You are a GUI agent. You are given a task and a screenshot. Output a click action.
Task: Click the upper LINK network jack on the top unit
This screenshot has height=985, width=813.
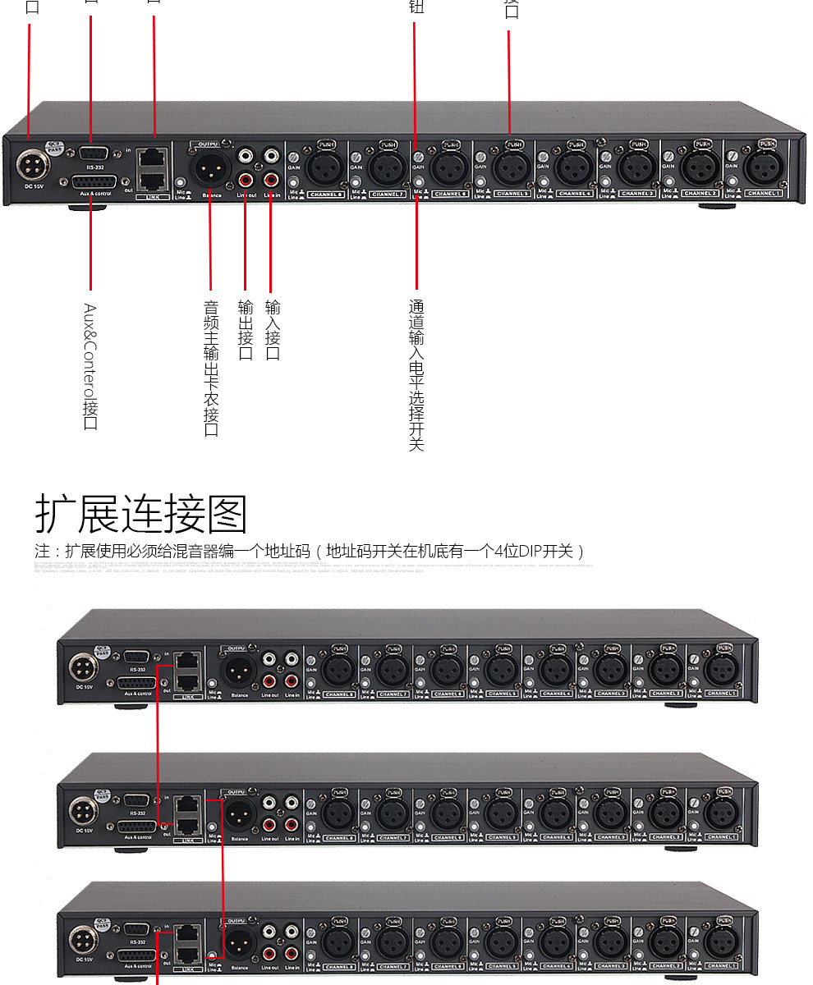153,157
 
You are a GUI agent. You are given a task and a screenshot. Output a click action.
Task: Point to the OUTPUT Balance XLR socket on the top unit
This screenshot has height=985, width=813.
209,168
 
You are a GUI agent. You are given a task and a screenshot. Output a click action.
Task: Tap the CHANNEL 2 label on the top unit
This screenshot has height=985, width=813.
699,194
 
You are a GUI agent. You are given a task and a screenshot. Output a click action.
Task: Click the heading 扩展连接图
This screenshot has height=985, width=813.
140,515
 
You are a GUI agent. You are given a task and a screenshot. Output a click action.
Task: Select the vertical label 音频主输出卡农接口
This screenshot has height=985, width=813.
211,368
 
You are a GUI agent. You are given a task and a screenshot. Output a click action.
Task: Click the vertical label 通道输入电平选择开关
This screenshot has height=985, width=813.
416,374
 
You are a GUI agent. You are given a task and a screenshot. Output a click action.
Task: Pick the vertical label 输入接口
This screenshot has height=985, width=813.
273,330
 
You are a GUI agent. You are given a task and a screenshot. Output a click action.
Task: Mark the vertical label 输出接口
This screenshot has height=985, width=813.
246,330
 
